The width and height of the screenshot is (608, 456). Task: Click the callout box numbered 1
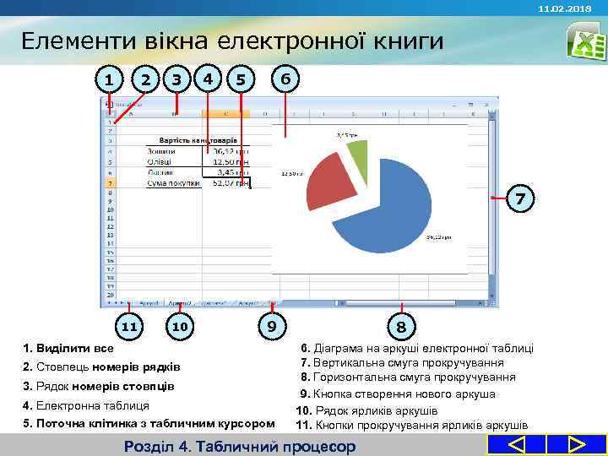pos(108,80)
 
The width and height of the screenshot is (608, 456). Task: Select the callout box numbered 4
pos(209,79)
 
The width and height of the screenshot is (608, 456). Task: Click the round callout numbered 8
pos(402,326)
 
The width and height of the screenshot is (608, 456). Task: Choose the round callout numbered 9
pos(271,326)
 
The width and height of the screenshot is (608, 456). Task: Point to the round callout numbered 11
pos(128,326)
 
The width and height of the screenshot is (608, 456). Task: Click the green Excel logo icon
pos(582,40)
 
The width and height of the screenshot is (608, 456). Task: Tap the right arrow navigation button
pos(577,444)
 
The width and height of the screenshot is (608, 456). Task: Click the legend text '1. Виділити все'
pos(68,348)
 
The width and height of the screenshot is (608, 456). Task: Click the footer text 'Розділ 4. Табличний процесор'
pos(239,446)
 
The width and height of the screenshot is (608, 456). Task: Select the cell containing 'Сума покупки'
pos(173,182)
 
